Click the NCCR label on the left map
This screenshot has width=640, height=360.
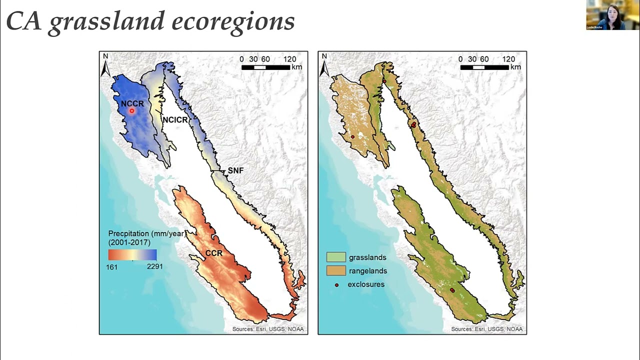pyautogui.click(x=132, y=103)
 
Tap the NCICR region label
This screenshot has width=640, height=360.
pyautogui.click(x=175, y=120)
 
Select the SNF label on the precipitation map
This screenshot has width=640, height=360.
pyautogui.click(x=235, y=170)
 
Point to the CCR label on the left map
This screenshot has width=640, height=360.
pyautogui.click(x=213, y=253)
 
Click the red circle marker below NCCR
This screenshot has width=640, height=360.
pyautogui.click(x=132, y=111)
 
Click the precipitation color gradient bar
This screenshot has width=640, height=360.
pyautogui.click(x=132, y=255)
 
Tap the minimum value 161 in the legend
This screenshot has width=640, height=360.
pyautogui.click(x=111, y=267)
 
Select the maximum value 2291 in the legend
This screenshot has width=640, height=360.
pyautogui.click(x=154, y=266)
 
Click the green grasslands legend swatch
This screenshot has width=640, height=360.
pyautogui.click(x=336, y=257)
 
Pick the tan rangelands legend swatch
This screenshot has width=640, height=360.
pyautogui.click(x=336, y=271)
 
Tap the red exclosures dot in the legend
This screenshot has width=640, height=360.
pyautogui.click(x=336, y=284)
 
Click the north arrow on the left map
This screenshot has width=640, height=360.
pyautogui.click(x=105, y=65)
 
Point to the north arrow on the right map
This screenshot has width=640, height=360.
pyautogui.click(x=324, y=65)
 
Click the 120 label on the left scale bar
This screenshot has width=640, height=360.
pyautogui.click(x=289, y=59)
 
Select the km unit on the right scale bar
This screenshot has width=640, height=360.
pyautogui.click(x=515, y=67)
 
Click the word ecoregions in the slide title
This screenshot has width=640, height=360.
pyautogui.click(x=233, y=21)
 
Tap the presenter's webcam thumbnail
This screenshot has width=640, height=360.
pyautogui.click(x=612, y=15)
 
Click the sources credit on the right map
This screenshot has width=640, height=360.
pyautogui.click(x=486, y=329)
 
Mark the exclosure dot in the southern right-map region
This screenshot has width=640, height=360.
pyautogui.click(x=452, y=290)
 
